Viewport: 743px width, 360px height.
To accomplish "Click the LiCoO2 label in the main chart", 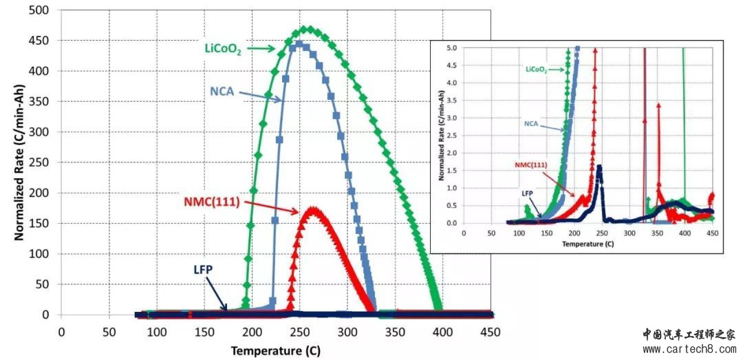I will point(221,49).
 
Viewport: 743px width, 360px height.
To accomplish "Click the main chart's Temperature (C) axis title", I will point(275,351).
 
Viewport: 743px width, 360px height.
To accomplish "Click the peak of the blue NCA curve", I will point(299,44).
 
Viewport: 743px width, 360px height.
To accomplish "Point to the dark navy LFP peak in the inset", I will point(599,167).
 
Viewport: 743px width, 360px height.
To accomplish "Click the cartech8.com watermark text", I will point(692,350).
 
